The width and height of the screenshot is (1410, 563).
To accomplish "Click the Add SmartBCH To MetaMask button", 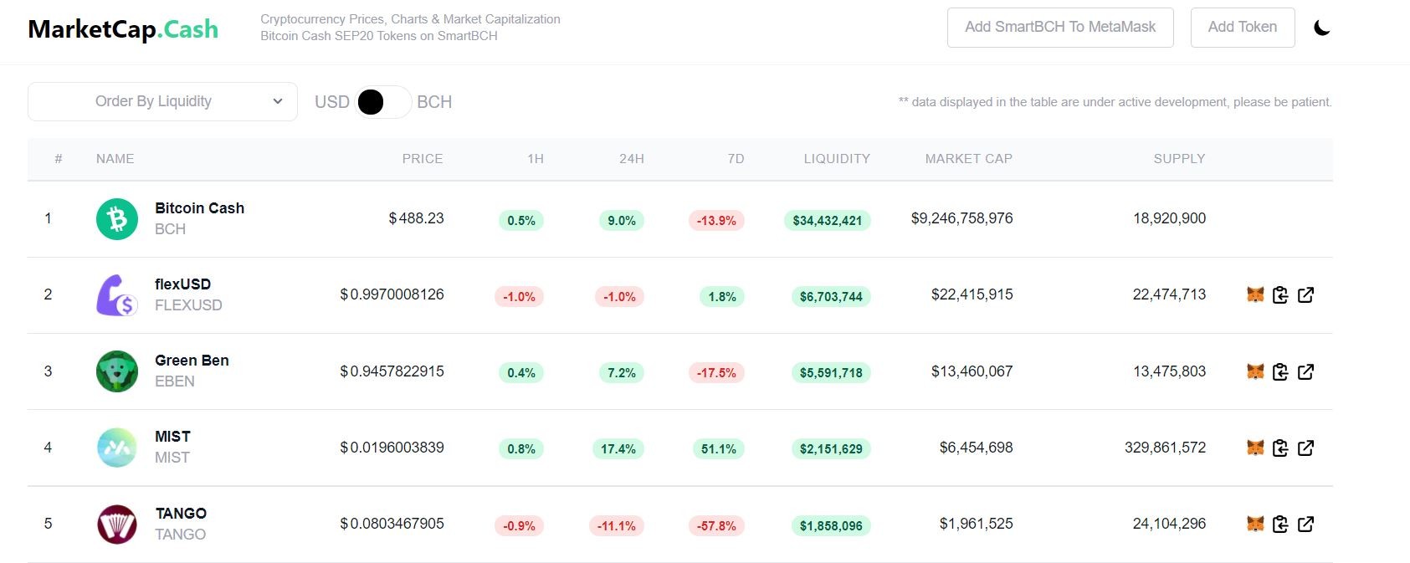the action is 1060,27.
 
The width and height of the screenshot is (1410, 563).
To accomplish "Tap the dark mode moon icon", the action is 1322,28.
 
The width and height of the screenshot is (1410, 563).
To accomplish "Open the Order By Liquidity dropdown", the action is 162,101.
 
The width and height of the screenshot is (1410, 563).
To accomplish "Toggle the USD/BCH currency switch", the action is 382,102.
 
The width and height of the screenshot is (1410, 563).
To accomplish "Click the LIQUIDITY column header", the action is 837,158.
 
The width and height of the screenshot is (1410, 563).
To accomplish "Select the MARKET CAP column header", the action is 969,158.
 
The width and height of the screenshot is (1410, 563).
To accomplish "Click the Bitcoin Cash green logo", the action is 117,219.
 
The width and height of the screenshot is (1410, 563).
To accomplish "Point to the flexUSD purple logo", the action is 117,295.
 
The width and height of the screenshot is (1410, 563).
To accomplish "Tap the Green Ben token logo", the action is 117,371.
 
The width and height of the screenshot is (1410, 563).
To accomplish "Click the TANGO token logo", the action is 117,524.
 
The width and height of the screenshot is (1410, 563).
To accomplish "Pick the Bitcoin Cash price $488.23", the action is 416,218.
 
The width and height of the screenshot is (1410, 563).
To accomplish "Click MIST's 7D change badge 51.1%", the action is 718,448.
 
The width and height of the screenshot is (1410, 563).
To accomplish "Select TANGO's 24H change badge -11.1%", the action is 616,525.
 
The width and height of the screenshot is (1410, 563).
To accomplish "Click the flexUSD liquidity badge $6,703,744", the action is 831,296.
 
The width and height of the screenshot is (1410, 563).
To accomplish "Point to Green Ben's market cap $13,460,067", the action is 972,371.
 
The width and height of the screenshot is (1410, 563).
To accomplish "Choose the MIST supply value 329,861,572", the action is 1165,448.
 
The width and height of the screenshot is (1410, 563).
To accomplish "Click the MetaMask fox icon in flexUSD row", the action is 1255,294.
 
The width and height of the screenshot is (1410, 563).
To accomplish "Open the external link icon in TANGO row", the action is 1305,524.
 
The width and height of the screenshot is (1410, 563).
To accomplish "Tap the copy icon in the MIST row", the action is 1280,448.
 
